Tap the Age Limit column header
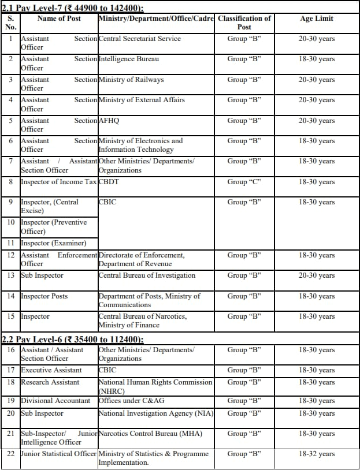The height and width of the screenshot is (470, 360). [x=317, y=18]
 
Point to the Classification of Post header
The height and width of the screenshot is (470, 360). [x=244, y=23]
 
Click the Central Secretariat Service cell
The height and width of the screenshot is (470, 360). [x=140, y=39]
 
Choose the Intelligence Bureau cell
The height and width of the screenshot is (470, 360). [x=129, y=59]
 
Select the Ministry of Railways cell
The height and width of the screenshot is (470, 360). [x=131, y=80]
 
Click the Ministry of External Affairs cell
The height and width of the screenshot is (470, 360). [x=142, y=100]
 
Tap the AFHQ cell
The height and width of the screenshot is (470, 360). [x=109, y=121]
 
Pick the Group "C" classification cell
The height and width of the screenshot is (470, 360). [x=244, y=182]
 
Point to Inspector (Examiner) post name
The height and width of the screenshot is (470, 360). [x=54, y=243]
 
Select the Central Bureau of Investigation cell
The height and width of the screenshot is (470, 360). [x=147, y=275]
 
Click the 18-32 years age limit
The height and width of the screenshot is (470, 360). [x=317, y=454]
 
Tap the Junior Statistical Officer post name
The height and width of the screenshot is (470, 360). [x=58, y=454]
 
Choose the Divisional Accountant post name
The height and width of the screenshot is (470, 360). [x=55, y=401]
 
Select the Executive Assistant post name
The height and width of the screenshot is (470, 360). [x=51, y=370]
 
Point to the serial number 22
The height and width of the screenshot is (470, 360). [x=11, y=454]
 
